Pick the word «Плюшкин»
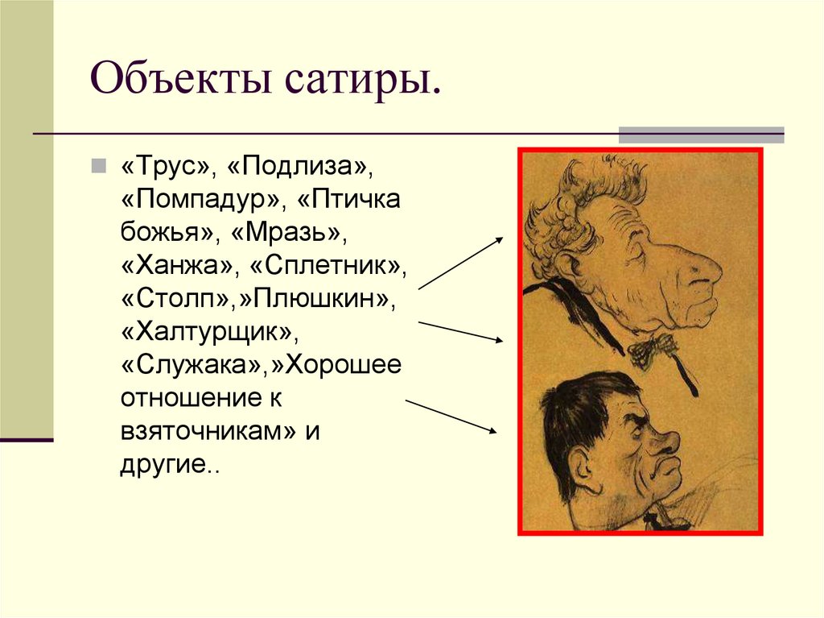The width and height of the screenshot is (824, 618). point(322,297)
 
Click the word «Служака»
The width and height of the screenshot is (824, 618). point(195,364)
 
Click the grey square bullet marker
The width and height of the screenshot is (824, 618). point(97,166)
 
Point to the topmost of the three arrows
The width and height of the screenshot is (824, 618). point(461,263)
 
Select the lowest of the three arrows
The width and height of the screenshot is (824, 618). point(451,417)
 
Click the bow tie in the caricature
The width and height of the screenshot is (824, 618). point(653,348)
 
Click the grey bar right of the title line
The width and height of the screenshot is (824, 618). point(700,135)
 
